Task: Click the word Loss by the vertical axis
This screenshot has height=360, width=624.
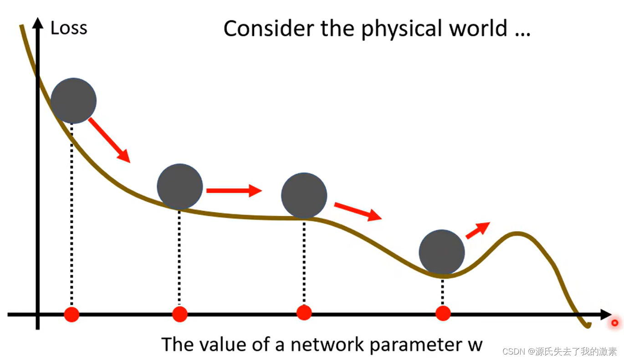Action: click(x=69, y=28)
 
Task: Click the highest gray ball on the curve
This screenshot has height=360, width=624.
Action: click(x=73, y=101)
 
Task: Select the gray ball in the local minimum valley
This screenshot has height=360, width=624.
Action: click(x=441, y=252)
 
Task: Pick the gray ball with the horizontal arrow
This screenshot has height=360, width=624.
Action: click(x=180, y=186)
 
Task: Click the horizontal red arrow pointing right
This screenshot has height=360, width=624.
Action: click(x=234, y=190)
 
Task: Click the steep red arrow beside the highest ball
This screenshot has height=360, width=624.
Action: click(x=109, y=140)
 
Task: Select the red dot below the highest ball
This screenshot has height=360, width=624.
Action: click(x=72, y=314)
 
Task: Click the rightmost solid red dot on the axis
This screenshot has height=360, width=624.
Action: click(x=443, y=313)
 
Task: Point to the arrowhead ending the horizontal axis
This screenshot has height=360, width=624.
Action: click(x=606, y=314)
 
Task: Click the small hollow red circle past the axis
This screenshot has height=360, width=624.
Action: click(x=615, y=323)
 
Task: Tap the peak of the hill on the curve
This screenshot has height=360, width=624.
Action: click(x=517, y=234)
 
